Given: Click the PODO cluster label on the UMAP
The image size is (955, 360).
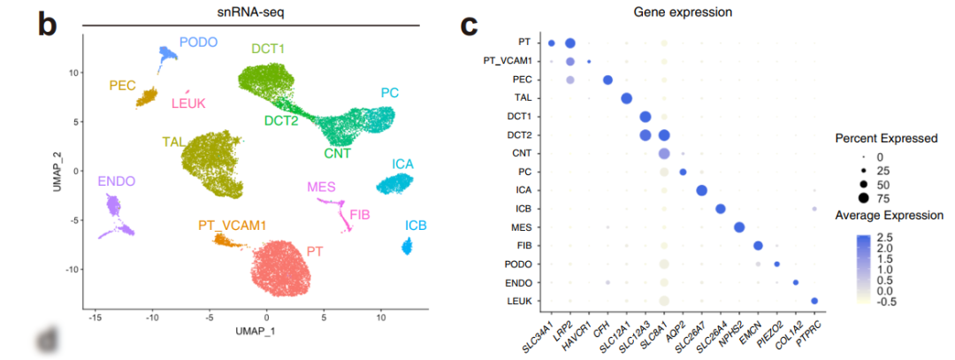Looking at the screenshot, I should point(198,42).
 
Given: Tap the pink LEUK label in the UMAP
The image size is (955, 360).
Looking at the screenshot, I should point(187,103).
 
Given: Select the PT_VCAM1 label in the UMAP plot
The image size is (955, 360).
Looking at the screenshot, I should point(232,226).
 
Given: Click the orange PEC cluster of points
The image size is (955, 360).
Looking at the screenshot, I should point(146,96).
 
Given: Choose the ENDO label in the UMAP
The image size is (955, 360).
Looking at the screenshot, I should point(117,181).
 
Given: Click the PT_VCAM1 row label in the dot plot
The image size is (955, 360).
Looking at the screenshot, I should point(507,61).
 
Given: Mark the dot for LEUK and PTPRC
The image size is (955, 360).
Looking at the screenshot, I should point(814,302).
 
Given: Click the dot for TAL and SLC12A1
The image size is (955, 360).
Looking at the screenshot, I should point(627,98).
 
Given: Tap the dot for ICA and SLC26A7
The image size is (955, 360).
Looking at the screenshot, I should point(701,191).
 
